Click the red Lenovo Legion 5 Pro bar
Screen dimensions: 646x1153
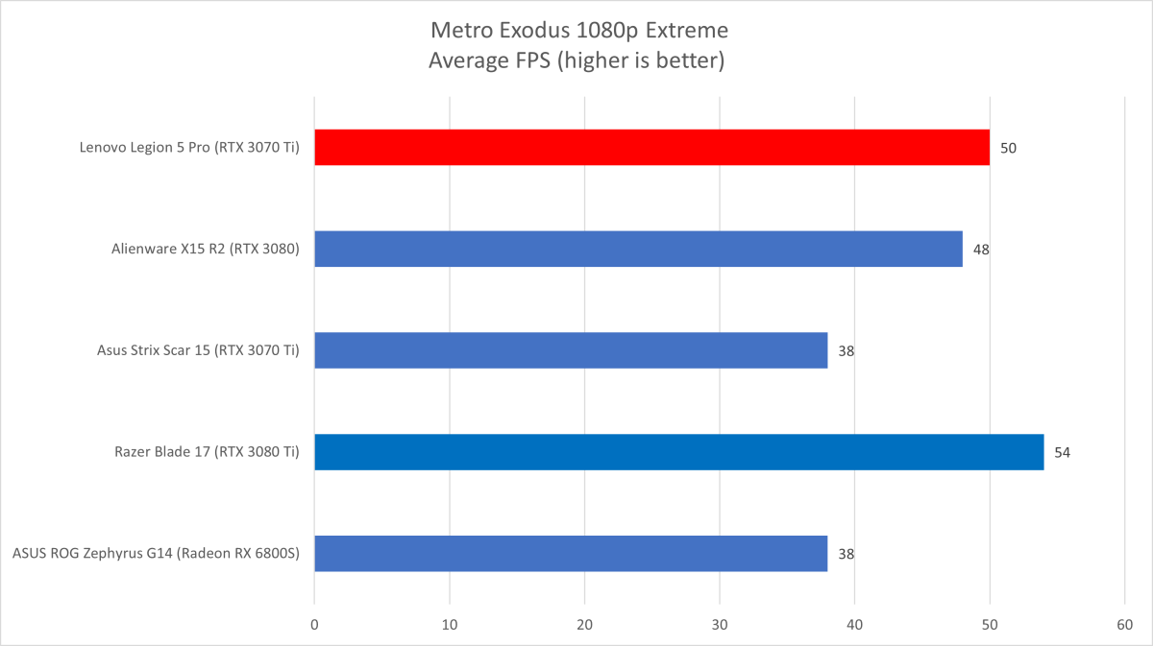point(651,148)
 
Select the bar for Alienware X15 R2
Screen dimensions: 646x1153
point(638,249)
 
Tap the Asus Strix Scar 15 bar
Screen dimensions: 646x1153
point(571,350)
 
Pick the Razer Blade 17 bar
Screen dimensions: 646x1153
point(678,452)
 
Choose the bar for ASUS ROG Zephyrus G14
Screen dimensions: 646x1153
point(571,554)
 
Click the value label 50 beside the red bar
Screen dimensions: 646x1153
point(1008,148)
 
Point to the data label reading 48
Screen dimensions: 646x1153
point(981,250)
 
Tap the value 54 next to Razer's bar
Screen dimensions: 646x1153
point(1062,452)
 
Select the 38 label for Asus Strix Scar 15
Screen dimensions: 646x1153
point(846,351)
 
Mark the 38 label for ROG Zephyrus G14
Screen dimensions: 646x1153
point(846,554)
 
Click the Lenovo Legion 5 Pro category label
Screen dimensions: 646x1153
point(189,148)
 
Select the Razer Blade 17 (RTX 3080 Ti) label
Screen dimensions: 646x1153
point(203,452)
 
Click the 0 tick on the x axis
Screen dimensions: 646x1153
point(314,623)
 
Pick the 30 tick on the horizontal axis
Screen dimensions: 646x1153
point(720,623)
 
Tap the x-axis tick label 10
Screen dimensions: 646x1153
point(450,623)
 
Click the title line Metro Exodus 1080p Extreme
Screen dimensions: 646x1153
point(576,30)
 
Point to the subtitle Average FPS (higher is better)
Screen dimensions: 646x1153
point(576,61)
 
